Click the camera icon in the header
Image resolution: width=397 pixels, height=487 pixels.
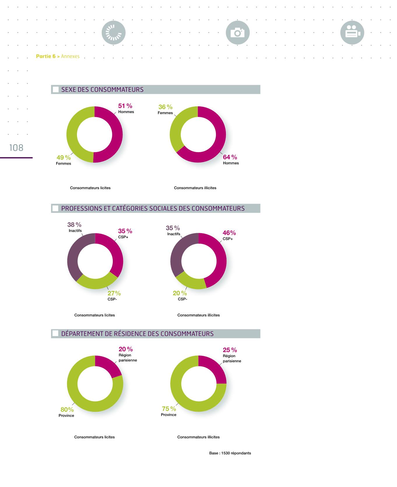coord(238,33)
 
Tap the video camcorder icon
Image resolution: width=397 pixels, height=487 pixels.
coord(352,33)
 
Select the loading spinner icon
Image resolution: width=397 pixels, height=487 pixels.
coord(113,33)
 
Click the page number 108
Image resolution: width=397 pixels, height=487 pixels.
coord(16,148)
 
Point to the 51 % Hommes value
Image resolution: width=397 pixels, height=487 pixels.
coord(125,106)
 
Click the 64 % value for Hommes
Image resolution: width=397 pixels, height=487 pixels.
coord(230,157)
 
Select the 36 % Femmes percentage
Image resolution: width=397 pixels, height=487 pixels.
coord(165,107)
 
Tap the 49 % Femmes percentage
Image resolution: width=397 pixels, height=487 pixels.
coord(64,158)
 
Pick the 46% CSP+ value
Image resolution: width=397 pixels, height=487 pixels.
coord(229,233)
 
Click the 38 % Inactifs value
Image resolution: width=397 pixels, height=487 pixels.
coord(74,225)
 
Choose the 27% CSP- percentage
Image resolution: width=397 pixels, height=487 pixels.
coord(114,293)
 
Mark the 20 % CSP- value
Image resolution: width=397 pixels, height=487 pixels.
coord(180,293)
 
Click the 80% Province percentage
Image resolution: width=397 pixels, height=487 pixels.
coord(67,410)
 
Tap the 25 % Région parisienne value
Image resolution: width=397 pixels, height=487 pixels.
coord(230,350)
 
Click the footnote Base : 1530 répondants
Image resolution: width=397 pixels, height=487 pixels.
coord(230,453)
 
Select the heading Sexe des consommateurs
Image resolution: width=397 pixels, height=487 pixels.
coord(102,89)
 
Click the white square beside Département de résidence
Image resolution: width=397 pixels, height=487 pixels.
coord(55,334)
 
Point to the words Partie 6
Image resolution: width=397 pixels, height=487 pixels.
coord(46,56)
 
